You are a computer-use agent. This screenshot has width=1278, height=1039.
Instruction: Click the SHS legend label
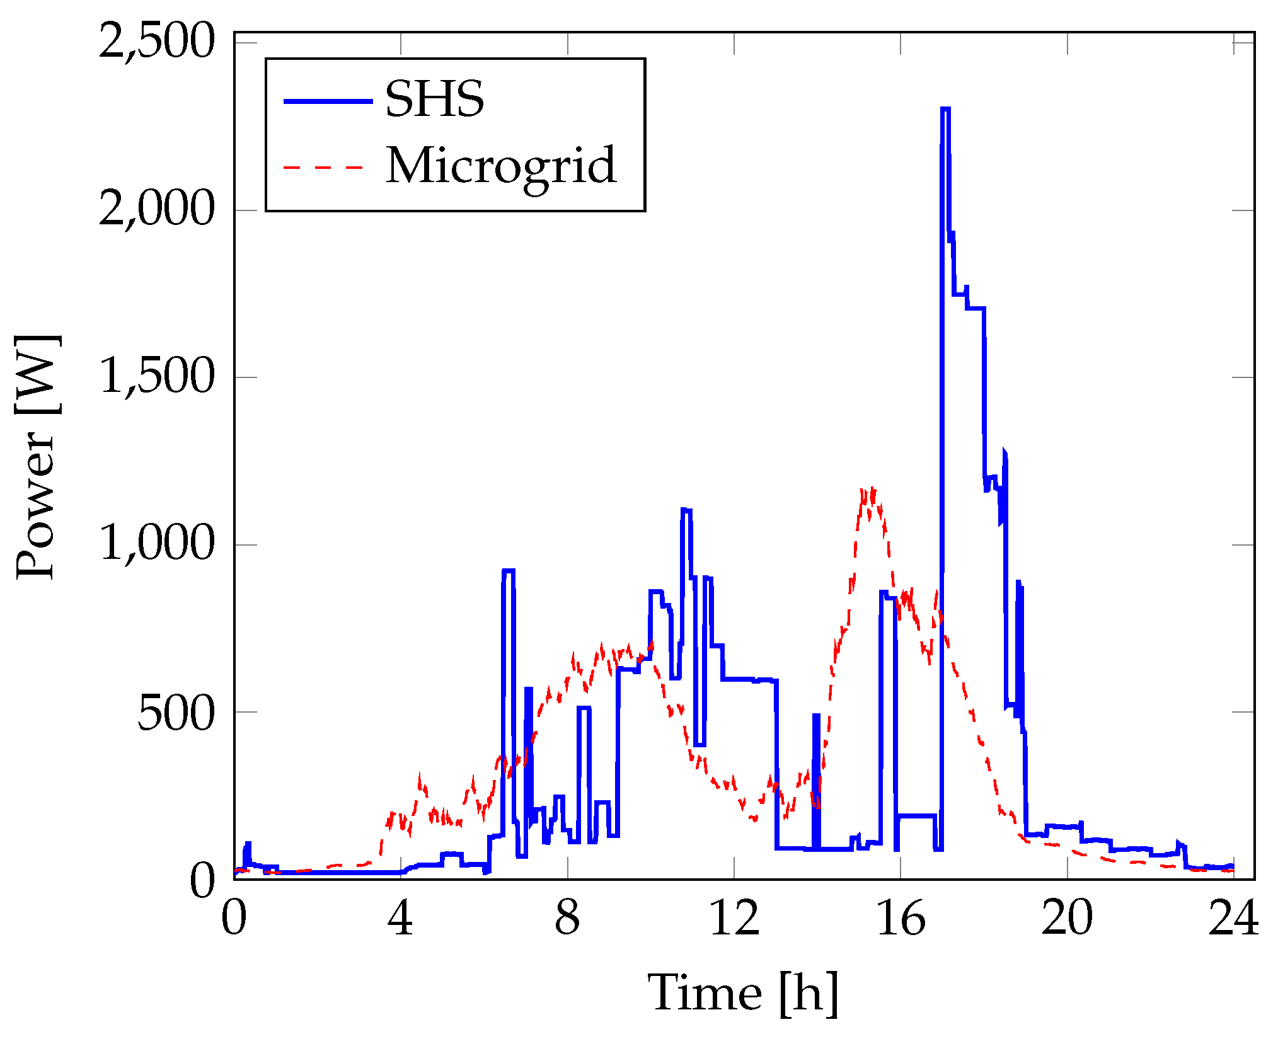point(434,100)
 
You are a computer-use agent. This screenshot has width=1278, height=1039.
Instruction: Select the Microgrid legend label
point(501,166)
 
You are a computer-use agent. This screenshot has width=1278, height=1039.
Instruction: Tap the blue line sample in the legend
point(328,101)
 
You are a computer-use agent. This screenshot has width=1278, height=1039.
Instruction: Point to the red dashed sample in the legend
point(325,168)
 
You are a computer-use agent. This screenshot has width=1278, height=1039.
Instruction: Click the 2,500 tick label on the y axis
point(157,42)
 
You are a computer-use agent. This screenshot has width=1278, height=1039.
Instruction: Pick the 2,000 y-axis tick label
point(157,210)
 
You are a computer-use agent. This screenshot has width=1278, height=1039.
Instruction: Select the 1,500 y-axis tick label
point(157,377)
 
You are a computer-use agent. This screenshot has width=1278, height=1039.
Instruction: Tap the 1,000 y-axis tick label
point(157,544)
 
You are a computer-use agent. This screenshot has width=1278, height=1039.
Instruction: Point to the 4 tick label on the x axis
point(400,919)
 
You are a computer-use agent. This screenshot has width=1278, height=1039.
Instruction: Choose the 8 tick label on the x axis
point(567,919)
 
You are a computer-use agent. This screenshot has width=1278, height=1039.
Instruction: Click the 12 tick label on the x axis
point(734,919)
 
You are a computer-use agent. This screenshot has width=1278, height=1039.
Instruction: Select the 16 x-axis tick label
point(901,919)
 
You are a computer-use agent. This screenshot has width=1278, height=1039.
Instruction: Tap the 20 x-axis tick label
point(1067,919)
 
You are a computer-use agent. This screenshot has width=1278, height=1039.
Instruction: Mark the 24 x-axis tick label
point(1233,919)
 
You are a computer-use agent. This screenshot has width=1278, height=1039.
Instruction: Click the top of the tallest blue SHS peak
point(945,109)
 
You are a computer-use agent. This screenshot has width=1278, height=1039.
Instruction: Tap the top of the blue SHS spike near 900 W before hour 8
point(509,571)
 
